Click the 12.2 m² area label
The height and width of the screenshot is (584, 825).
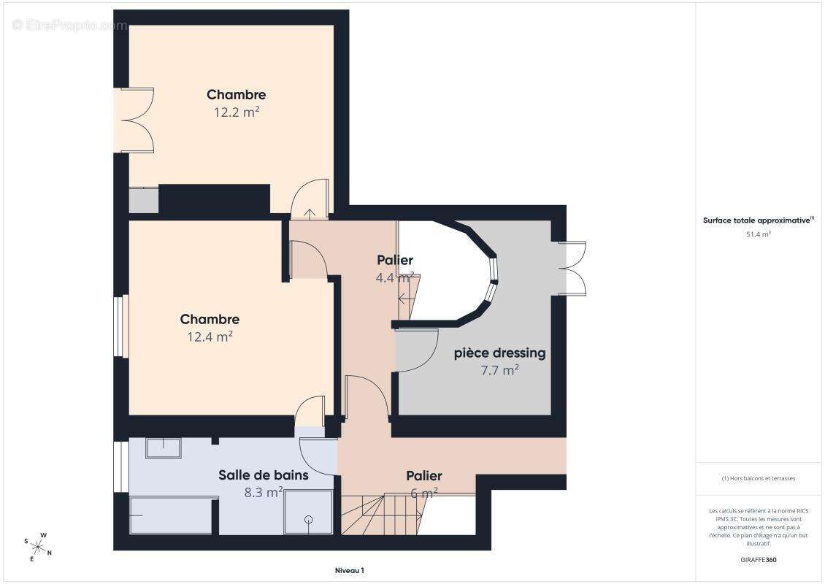pyautogui.click(x=237, y=112)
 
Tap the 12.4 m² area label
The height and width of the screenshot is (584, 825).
pyautogui.click(x=210, y=337)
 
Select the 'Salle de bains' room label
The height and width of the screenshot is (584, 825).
pyautogui.click(x=264, y=475)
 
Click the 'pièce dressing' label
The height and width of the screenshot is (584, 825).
pyautogui.click(x=500, y=353)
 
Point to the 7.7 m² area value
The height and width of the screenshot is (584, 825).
pyautogui.click(x=500, y=370)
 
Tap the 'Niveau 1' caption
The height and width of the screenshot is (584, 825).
pyautogui.click(x=350, y=570)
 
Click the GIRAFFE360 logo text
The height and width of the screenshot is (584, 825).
pyautogui.click(x=758, y=560)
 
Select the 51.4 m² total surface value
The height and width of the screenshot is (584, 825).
pyautogui.click(x=758, y=234)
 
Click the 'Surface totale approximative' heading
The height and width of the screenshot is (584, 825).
pyautogui.click(x=756, y=220)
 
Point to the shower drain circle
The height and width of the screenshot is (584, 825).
pyautogui.click(x=308, y=520)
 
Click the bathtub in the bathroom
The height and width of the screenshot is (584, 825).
pyautogui.click(x=170, y=515)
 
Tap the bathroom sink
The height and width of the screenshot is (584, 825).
pyautogui.click(x=163, y=447)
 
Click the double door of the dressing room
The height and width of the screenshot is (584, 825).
pyautogui.click(x=572, y=269)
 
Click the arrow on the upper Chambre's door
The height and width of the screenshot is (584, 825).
pyautogui.click(x=310, y=214)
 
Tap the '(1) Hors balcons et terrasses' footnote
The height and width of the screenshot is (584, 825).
pyautogui.click(x=758, y=478)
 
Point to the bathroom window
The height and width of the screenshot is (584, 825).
pyautogui.click(x=121, y=466)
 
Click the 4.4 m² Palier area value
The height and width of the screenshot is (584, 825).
pyautogui.click(x=394, y=277)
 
